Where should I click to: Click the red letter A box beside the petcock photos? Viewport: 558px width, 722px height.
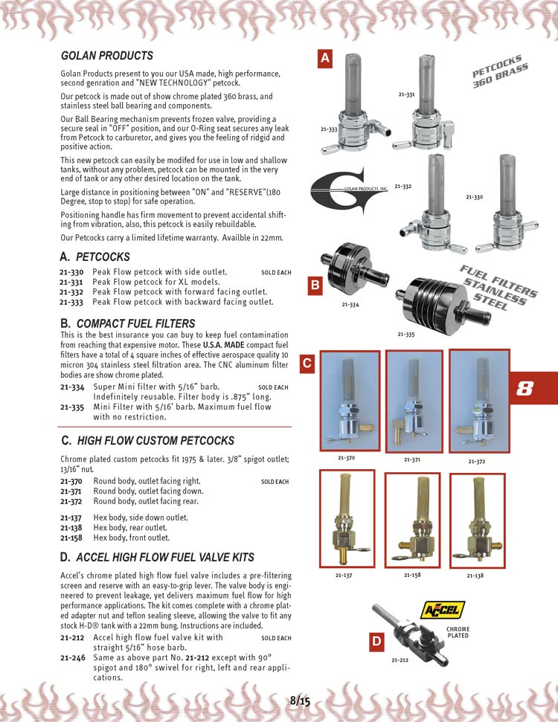click(x=325, y=59)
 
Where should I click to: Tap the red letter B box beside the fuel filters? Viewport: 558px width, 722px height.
click(x=315, y=283)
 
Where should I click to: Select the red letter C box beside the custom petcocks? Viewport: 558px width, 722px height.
click(x=307, y=364)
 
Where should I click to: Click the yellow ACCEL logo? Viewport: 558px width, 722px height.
click(x=443, y=610)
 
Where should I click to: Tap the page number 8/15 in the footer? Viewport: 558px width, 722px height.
click(x=299, y=700)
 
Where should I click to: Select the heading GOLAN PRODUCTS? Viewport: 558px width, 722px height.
click(x=106, y=56)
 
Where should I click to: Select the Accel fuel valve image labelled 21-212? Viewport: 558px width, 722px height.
click(x=408, y=631)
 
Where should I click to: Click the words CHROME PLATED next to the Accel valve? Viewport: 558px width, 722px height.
click(x=458, y=632)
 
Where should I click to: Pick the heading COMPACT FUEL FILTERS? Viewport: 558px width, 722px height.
click(x=135, y=323)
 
